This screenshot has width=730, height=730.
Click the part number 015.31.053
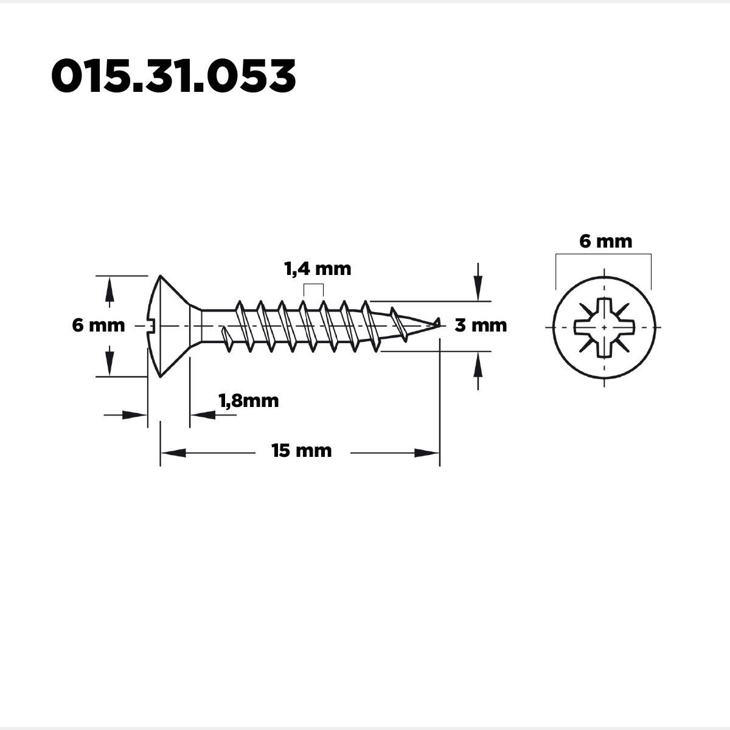coord(173,76)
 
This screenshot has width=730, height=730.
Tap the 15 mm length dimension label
coord(302,451)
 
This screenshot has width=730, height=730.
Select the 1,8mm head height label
coord(249,401)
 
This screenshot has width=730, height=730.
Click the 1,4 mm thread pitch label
coord(318,269)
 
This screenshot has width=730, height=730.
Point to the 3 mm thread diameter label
coord(481,325)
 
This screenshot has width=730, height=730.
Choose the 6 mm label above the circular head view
coord(606,242)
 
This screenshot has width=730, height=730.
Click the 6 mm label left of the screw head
coord(99,325)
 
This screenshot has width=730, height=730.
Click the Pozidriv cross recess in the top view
coord(604,328)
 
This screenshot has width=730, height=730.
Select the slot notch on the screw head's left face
coord(150,326)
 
